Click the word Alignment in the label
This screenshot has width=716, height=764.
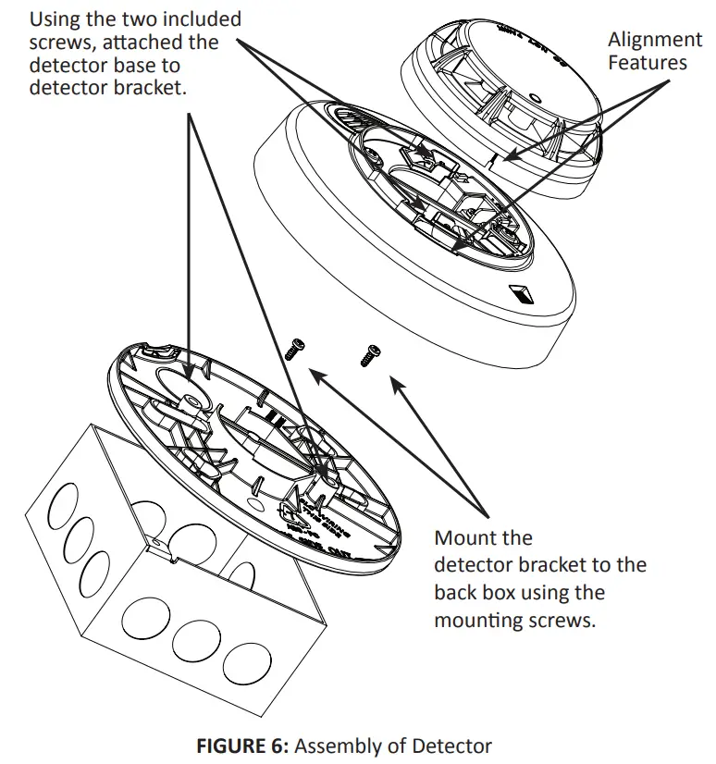pyautogui.click(x=654, y=40)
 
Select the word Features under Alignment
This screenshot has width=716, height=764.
pyautogui.click(x=648, y=63)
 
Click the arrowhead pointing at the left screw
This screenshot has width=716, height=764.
pyautogui.click(x=314, y=372)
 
